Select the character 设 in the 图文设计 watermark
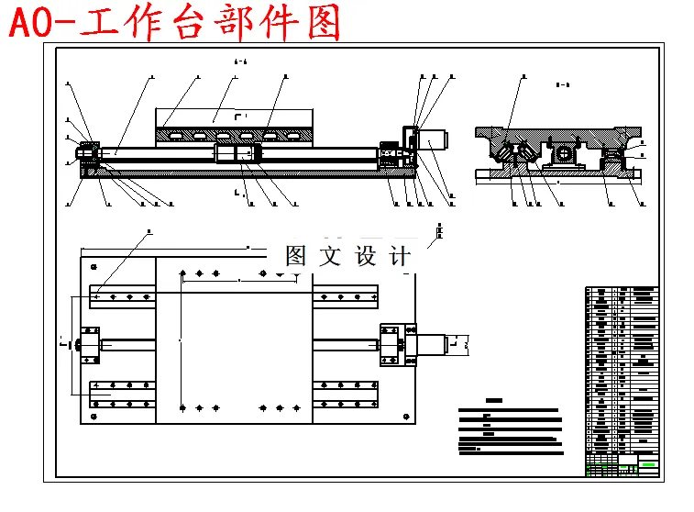click(365, 256)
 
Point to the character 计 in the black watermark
click(400, 256)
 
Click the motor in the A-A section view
click(432, 141)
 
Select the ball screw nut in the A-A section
click(237, 153)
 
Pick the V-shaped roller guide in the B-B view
click(516, 155)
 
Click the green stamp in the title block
click(649, 465)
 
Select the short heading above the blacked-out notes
click(494, 400)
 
